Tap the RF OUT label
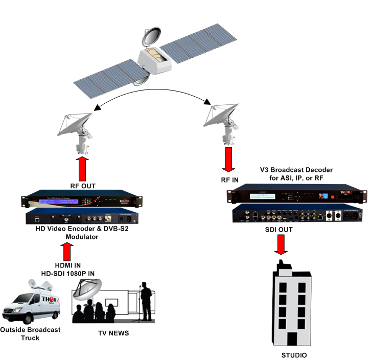[x=84, y=186]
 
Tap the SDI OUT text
[x=279, y=230]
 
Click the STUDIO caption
[x=295, y=355]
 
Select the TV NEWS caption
[x=113, y=333]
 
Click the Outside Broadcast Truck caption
[x=31, y=333]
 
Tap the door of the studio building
[x=292, y=338]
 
